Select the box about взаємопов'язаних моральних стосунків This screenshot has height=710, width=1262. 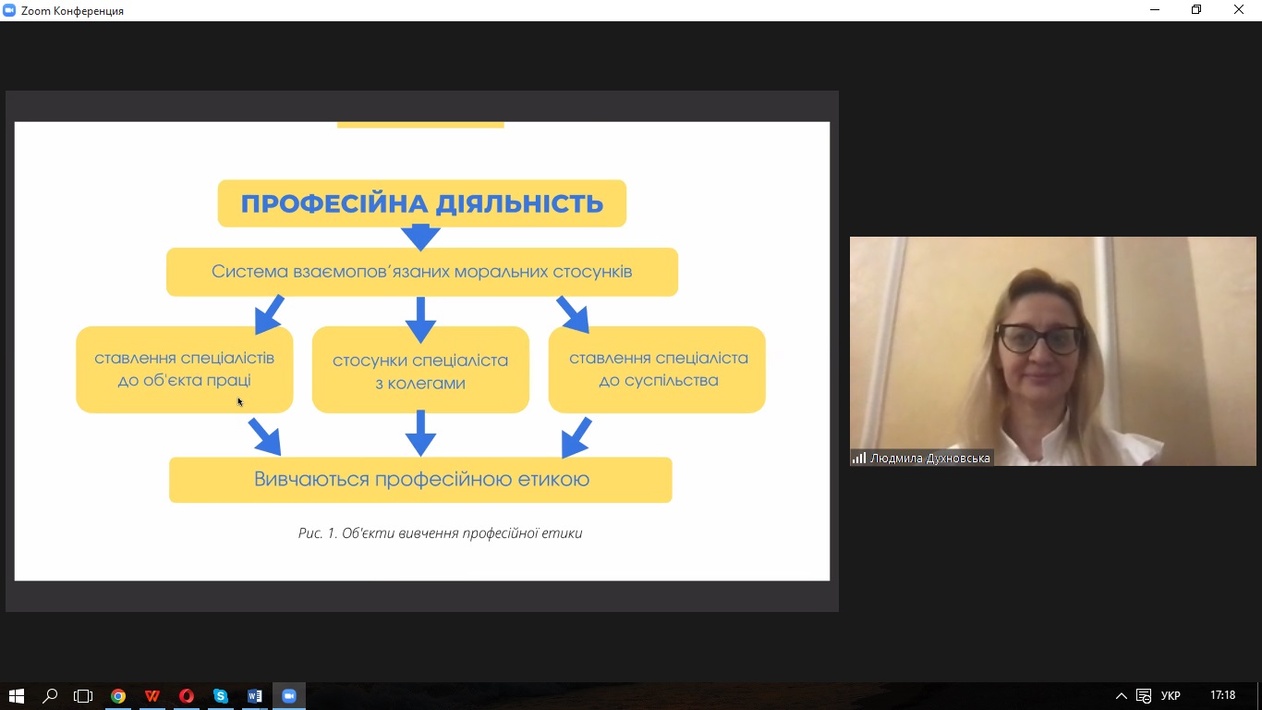coord(422,272)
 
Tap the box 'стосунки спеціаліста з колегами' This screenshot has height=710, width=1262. coord(420,371)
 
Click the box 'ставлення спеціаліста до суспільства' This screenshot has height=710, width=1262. coord(658,369)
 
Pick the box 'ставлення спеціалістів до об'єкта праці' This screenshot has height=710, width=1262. coord(184,369)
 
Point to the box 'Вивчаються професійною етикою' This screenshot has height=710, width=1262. coord(421,480)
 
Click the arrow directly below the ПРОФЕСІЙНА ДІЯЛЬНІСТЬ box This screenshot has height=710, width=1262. coord(420,238)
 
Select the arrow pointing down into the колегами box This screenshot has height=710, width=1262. coord(420,320)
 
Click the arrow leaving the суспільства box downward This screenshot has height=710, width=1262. coord(576,437)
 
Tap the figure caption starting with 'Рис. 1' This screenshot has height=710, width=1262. coord(440,533)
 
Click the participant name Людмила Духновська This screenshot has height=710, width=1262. coord(929,458)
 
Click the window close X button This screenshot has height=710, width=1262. coord(1239,10)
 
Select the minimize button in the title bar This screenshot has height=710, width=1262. coord(1155,10)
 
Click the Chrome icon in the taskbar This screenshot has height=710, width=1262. coord(118,696)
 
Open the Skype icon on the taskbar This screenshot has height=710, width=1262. coord(220,696)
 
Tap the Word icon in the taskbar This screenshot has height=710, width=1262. coord(254,696)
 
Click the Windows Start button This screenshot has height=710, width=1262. coord(16,696)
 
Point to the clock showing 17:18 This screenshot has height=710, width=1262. coord(1222,695)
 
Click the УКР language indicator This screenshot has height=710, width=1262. coord(1171,696)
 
